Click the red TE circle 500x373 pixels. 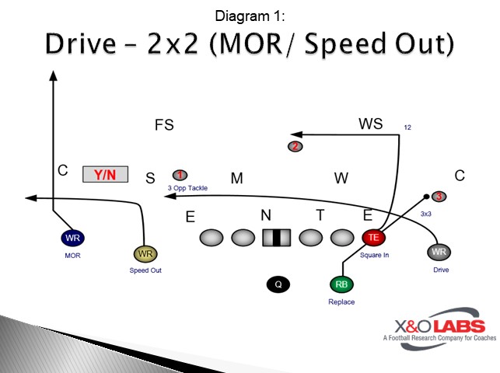373,237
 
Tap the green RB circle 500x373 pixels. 341,284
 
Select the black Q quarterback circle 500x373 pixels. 278,284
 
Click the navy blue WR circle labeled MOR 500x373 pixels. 73,238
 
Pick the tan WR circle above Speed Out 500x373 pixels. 145,253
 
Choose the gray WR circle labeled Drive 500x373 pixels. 439,253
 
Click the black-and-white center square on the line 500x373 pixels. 276,237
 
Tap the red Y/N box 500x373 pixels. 105,175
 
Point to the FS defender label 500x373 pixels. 164,125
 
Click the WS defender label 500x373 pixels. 370,124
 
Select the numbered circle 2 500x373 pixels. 295,146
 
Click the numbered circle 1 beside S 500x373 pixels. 180,175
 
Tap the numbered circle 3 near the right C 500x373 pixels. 439,197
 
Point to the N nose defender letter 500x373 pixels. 266,214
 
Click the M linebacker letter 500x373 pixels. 237,179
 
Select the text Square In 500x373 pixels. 374,254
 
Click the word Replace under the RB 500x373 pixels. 341,302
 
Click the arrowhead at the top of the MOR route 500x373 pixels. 53,75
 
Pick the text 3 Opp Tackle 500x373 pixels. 187,187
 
